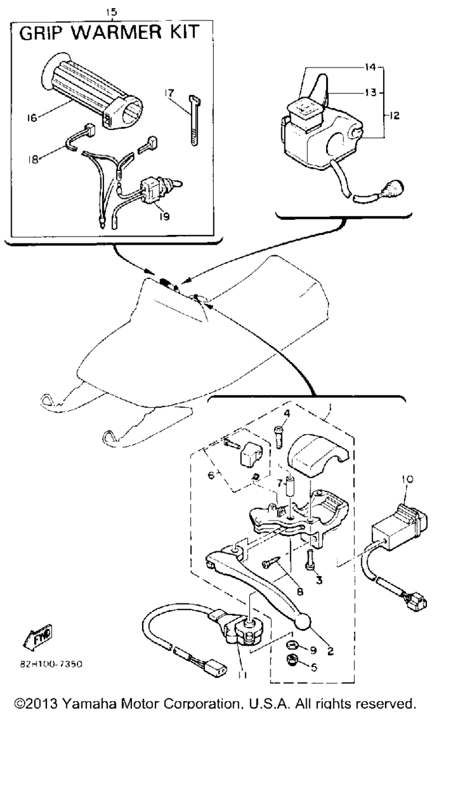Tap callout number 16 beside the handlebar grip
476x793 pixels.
[32, 118]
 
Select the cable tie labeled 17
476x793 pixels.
[194, 120]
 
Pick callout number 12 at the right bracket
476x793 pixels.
[394, 115]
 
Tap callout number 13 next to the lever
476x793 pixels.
[371, 92]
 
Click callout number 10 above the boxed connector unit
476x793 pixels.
[407, 480]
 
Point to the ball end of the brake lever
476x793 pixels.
[302, 622]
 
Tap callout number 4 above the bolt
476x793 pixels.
[286, 413]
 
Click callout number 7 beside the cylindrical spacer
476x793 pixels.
[280, 483]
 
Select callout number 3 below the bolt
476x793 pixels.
[319, 581]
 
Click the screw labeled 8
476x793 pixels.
[271, 563]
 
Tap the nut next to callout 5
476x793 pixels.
[293, 660]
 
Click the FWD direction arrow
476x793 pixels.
[38, 637]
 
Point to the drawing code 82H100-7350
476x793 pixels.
[51, 665]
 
